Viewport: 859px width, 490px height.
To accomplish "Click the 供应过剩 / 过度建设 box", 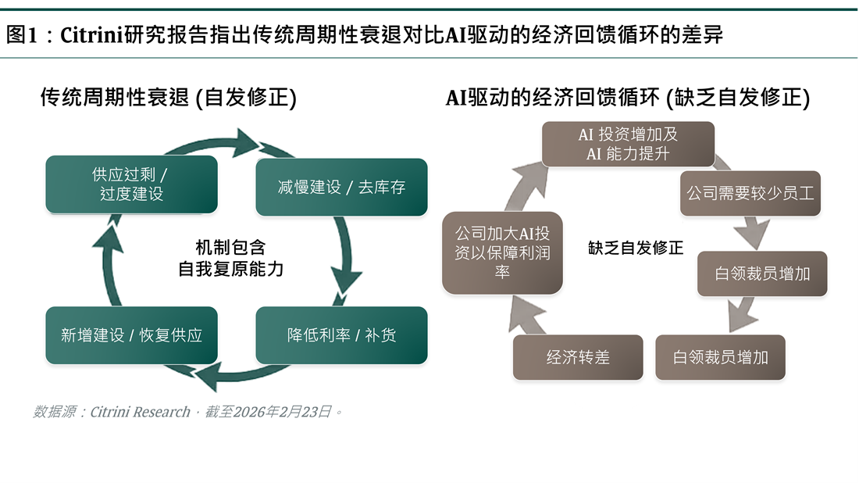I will point(131,184).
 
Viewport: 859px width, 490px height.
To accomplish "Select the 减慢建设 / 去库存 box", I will point(341,188).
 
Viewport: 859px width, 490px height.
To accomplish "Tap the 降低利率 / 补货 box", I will point(341,335).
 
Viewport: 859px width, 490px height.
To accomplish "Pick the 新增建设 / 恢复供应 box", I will point(131,335).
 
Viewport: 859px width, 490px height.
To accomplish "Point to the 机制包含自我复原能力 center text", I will point(231,259).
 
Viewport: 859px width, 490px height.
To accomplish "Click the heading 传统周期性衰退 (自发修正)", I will point(169,98).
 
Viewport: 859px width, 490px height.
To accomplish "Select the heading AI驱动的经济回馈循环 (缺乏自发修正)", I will point(627,98).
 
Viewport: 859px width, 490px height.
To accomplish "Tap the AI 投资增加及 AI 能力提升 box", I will point(628,144).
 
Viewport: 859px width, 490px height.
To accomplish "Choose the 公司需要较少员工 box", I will point(750,193).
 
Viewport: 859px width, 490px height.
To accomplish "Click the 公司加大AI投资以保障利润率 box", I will point(502,252).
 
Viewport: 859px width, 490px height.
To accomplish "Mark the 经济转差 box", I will point(578,357).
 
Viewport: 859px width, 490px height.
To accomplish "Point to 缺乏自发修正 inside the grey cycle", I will point(636,249).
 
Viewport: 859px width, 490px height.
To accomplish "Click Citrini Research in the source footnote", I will point(141,412).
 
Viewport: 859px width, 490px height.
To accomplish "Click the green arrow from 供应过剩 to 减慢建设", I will point(234,142).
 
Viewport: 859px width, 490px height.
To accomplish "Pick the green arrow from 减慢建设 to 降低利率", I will point(346,258).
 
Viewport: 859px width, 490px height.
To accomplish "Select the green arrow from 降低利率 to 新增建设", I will point(226,377).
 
